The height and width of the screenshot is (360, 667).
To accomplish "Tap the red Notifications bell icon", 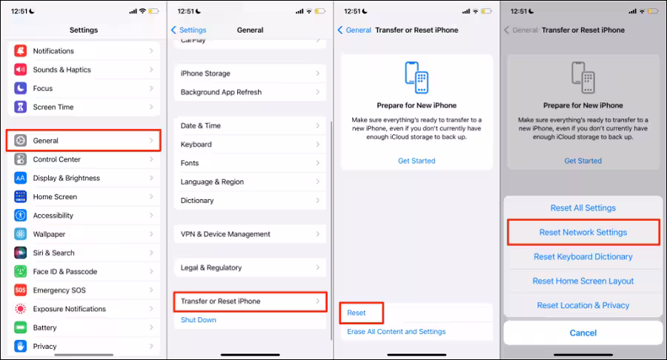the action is click(x=21, y=50).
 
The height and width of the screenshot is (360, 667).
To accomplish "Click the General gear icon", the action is click(x=21, y=140).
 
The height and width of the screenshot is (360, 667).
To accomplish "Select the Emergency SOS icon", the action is click(x=21, y=290).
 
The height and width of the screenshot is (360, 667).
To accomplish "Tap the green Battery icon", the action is click(x=21, y=327).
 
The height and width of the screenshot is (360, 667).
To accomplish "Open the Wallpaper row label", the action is click(x=50, y=234).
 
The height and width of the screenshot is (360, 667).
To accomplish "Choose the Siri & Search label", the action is click(x=53, y=253).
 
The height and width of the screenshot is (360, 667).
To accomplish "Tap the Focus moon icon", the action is click(x=21, y=88).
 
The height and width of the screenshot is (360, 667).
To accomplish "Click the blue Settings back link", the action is click(x=188, y=30).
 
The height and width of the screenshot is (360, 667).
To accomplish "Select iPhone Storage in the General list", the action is click(x=205, y=73).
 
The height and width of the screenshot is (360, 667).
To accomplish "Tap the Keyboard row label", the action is click(x=196, y=144).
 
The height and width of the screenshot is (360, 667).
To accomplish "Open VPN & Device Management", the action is click(x=225, y=234).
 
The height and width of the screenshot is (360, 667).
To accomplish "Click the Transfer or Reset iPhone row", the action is click(x=250, y=301).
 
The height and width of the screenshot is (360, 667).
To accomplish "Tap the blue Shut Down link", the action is click(x=198, y=320).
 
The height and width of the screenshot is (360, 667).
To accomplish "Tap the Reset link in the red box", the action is click(x=356, y=313).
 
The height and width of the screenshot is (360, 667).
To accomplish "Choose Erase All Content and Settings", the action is click(x=396, y=332).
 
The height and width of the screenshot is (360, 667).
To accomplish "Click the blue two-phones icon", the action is click(x=417, y=78).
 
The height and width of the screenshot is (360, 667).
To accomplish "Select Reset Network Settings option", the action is click(x=583, y=232).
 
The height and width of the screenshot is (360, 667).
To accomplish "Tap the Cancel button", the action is click(x=583, y=333).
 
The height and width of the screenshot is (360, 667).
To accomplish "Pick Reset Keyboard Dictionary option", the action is click(x=583, y=257).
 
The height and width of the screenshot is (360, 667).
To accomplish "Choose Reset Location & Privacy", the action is click(x=583, y=305).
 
